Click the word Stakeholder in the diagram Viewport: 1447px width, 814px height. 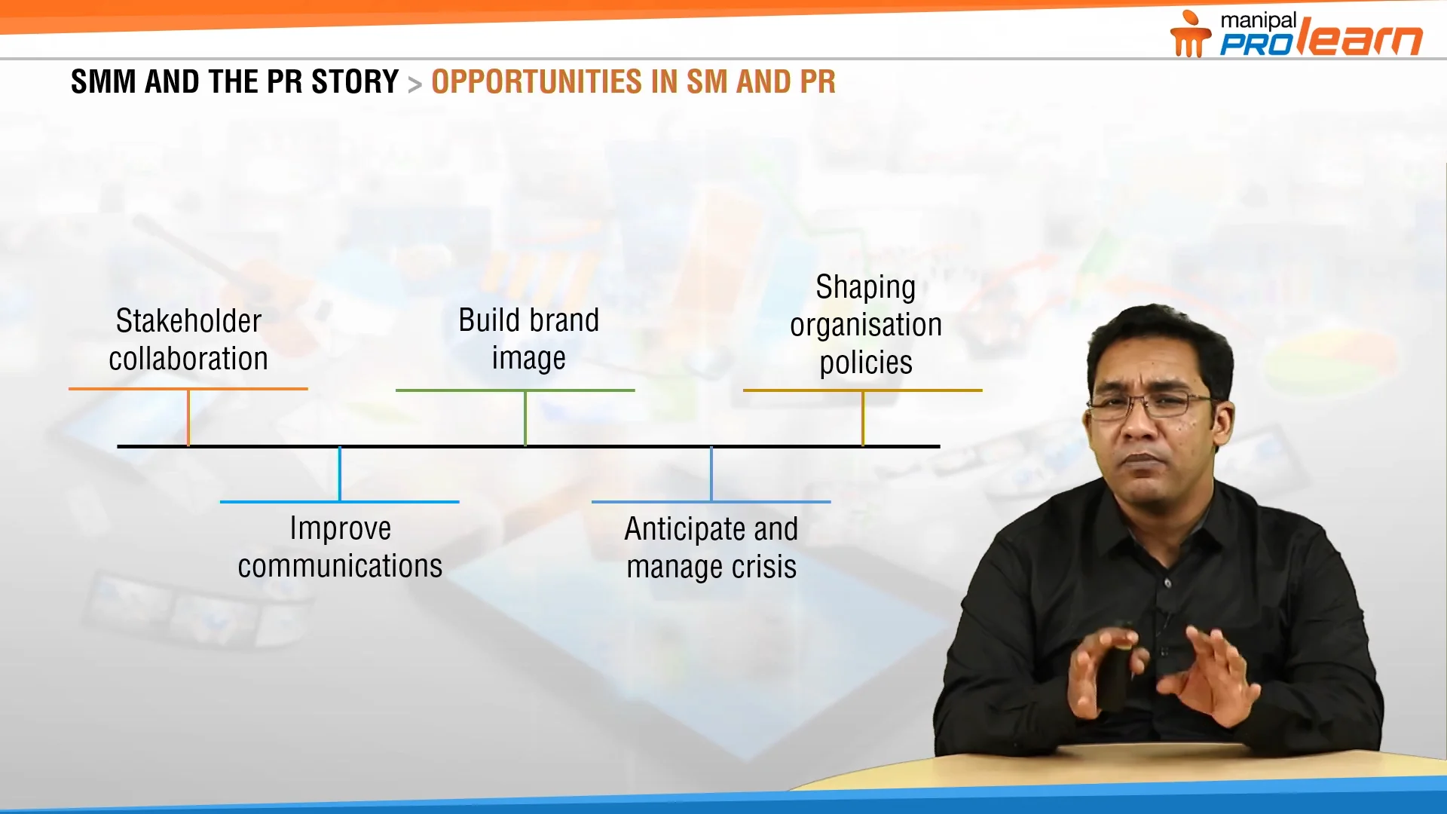(188, 322)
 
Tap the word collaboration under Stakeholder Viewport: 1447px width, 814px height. (188, 360)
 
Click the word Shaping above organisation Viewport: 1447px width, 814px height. (865, 288)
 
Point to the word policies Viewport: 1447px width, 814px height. (866, 363)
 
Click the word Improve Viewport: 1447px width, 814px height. (340, 528)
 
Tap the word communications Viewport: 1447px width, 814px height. (340, 566)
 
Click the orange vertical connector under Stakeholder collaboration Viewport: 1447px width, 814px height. (188, 418)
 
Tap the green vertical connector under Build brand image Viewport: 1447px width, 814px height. (525, 418)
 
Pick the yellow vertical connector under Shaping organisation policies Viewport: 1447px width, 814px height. (863, 418)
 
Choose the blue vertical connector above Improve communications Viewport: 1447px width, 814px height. (340, 474)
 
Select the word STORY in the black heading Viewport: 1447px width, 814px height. (354, 82)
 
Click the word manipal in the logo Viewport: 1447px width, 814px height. (1258, 21)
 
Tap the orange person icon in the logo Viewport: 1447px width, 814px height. (1189, 35)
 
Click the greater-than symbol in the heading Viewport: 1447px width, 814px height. (415, 84)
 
